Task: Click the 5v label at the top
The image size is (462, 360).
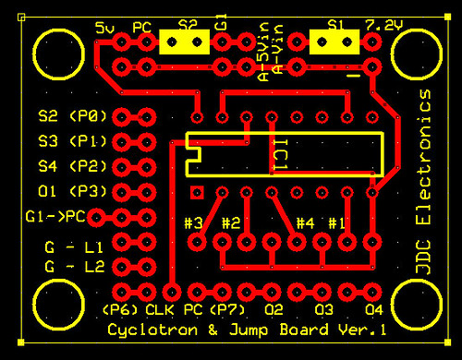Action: [104, 28]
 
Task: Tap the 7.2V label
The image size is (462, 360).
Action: [384, 25]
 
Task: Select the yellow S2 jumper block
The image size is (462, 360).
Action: [185, 42]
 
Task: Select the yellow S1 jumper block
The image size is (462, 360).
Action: [334, 42]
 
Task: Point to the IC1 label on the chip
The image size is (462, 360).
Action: [281, 154]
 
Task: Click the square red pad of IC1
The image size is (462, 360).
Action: [197, 193]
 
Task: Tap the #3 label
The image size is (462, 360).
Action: [193, 223]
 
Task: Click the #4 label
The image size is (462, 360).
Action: [305, 223]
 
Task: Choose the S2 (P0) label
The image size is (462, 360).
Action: [72, 116]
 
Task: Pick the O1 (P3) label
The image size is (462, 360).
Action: [72, 191]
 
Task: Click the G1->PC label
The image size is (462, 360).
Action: [55, 217]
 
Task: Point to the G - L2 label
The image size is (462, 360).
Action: [75, 267]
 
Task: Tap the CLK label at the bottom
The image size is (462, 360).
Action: [160, 310]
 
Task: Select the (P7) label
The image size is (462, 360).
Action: [227, 310]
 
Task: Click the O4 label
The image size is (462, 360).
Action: [374, 310]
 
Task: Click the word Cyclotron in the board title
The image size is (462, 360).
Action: [152, 330]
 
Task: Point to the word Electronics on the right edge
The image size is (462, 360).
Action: [423, 157]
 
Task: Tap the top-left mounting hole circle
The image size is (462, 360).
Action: [58, 54]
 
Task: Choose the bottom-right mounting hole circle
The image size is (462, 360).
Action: [417, 305]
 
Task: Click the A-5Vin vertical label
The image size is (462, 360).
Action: [264, 52]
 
